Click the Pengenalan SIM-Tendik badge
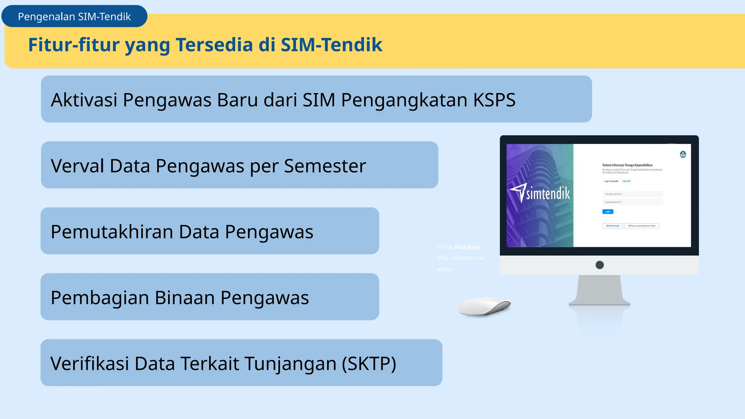(x=74, y=16)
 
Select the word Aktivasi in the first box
(x=84, y=100)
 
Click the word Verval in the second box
(x=77, y=166)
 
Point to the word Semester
(x=325, y=166)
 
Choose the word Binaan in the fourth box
(x=185, y=298)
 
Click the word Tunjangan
(x=290, y=364)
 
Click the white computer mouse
(x=484, y=306)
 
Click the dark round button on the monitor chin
(x=599, y=265)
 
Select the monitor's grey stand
(x=599, y=291)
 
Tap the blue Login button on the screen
(x=607, y=212)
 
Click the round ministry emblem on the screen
(x=683, y=155)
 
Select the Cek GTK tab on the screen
(x=626, y=181)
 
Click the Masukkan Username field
(x=632, y=194)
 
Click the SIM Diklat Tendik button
(x=612, y=226)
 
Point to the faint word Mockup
(x=467, y=247)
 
